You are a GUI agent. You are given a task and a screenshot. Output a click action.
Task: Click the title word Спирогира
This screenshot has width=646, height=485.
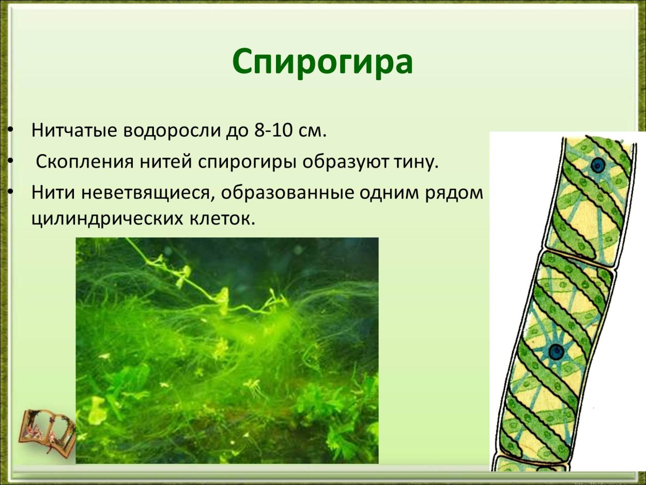coord(322,62)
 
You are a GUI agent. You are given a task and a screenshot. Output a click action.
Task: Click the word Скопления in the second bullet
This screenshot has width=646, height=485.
coord(84,162)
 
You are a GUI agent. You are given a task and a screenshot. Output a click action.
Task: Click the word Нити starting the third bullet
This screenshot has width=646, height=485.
coord(50,193)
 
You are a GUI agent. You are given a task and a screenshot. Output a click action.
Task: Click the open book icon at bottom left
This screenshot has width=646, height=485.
coord(46,431)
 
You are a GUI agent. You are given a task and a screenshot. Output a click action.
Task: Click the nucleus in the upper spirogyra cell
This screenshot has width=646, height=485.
coord(597,165)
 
